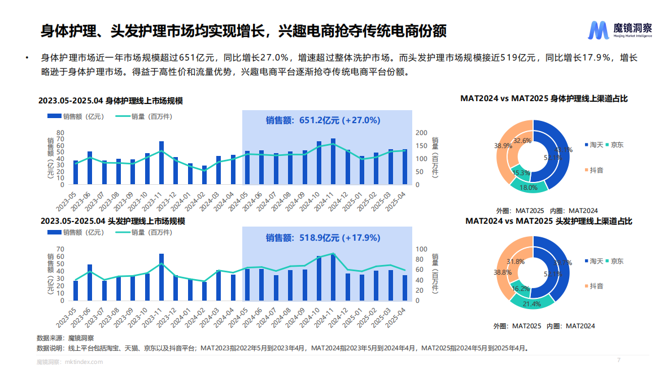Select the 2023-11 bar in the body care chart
click(162, 163)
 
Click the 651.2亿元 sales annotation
click(323, 120)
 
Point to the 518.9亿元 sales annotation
click(323, 238)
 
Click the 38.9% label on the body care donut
click(503, 146)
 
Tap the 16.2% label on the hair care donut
click(520, 289)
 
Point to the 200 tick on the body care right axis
click(421, 133)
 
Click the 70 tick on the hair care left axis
click(60, 249)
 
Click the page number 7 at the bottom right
click(619, 360)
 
